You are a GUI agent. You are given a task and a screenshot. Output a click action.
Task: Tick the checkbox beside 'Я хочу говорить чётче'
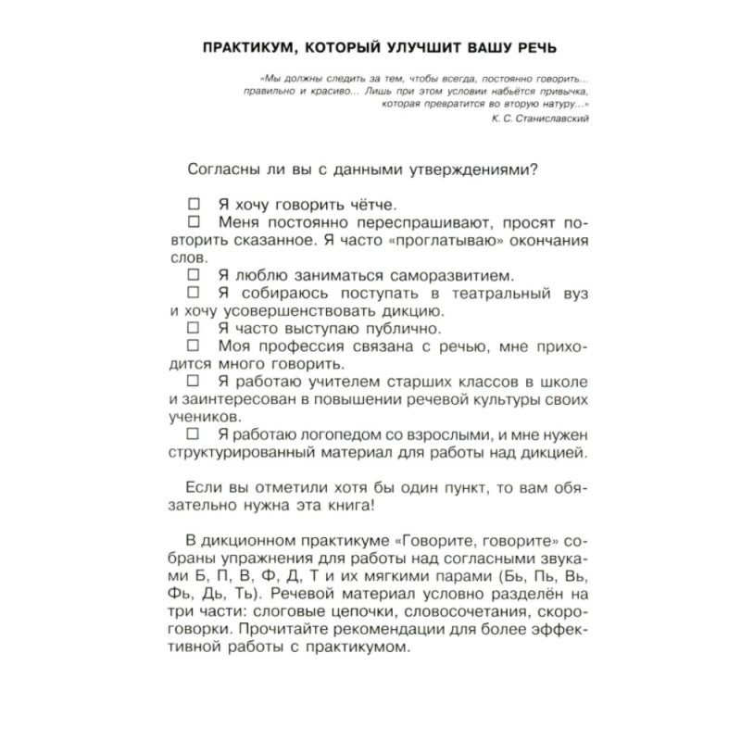tap(194, 204)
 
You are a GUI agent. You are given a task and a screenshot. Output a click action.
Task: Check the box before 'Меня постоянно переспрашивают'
tap(194, 223)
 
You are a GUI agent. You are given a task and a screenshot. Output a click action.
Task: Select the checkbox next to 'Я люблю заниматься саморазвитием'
tap(194, 275)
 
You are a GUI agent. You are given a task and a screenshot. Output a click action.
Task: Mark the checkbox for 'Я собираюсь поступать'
tap(194, 293)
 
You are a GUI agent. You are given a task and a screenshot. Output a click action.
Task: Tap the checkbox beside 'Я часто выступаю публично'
tap(194, 328)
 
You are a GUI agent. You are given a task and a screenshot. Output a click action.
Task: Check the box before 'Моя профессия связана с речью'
tap(194, 345)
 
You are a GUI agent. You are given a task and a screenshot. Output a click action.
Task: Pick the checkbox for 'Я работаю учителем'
tap(194, 381)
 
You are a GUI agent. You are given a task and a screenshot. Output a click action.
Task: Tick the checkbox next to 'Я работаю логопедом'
tap(194, 433)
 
